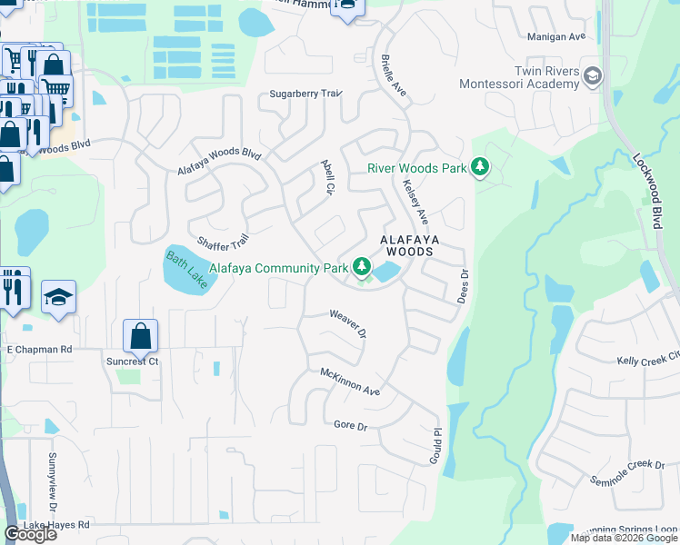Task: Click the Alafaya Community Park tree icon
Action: pyautogui.click(x=363, y=266)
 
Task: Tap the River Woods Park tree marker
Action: pyautogui.click(x=480, y=167)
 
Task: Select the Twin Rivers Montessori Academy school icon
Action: pyautogui.click(x=594, y=75)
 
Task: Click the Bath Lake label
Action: pyautogui.click(x=185, y=270)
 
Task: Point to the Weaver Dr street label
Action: pyautogui.click(x=347, y=324)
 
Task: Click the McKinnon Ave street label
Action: pyautogui.click(x=350, y=381)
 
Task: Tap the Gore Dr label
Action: pyautogui.click(x=349, y=425)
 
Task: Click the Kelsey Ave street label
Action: pyautogui.click(x=415, y=202)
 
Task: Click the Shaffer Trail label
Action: pyautogui.click(x=223, y=241)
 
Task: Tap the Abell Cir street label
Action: pyautogui.click(x=328, y=178)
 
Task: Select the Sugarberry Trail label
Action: pyautogui.click(x=305, y=94)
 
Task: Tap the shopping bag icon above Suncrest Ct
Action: pyautogui.click(x=141, y=336)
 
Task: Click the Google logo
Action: pyautogui.click(x=30, y=534)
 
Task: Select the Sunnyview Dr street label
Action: pyautogui.click(x=52, y=471)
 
